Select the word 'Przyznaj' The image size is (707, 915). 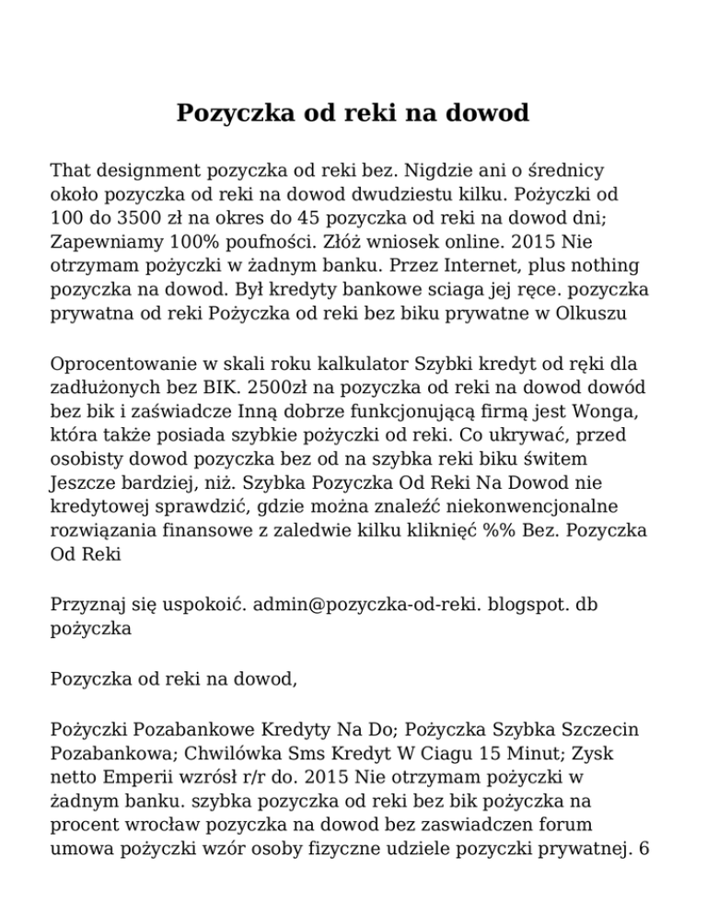point(87,608)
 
